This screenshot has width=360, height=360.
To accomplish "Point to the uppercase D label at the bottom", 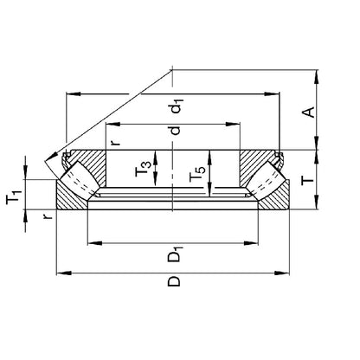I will tap(175, 282).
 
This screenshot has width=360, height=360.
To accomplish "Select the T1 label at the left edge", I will tap(15, 201).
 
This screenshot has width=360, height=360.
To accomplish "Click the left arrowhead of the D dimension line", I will tap(60, 273).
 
